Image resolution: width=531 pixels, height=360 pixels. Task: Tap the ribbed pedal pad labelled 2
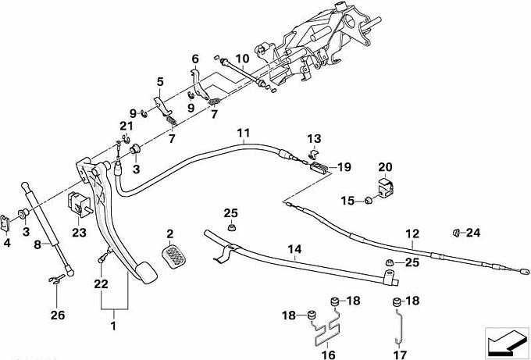(176, 252)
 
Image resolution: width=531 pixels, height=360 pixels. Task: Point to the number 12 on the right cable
(412, 232)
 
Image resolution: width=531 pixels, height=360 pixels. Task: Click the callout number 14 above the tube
(294, 251)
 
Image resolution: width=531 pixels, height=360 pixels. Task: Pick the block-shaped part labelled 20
(386, 188)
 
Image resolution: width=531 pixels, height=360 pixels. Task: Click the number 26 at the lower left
(53, 317)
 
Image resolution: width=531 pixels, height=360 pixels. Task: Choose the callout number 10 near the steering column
(241, 58)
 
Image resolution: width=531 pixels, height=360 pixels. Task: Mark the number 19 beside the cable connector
(344, 166)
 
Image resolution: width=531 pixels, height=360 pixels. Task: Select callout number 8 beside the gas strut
(37, 244)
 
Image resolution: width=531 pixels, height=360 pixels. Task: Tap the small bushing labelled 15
(366, 203)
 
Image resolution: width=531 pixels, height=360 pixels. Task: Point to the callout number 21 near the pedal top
(126, 127)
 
